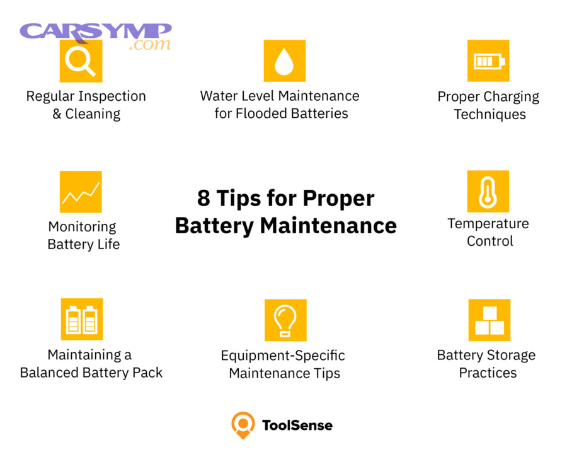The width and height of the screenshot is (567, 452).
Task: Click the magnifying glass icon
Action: (81, 61)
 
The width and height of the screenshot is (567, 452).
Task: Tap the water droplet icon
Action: (284, 61)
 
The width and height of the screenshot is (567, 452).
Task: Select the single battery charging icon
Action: (488, 61)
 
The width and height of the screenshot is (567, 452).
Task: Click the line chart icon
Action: (81, 192)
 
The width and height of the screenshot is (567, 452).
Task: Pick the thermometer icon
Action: (488, 191)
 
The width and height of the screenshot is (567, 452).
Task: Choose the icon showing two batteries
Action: (81, 320)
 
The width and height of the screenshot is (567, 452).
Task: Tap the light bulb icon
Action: (285, 320)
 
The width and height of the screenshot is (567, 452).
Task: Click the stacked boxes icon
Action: (489, 320)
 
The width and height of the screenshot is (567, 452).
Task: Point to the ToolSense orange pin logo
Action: (243, 425)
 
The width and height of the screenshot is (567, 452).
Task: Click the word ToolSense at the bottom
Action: (297, 426)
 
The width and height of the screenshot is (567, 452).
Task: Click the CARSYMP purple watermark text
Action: (95, 32)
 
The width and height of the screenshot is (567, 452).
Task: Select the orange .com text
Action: (149, 45)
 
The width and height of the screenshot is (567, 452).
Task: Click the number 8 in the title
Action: (203, 199)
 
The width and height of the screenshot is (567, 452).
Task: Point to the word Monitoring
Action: (83, 227)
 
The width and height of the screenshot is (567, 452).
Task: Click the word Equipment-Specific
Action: (283, 356)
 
